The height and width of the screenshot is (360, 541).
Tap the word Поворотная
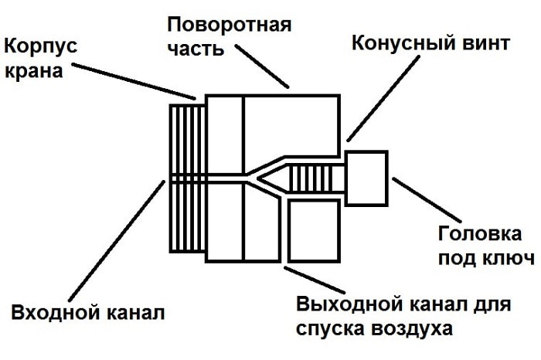tap(230, 22)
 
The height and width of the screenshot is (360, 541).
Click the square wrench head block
tap(365, 176)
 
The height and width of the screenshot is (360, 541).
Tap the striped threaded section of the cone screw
tap(314, 178)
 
